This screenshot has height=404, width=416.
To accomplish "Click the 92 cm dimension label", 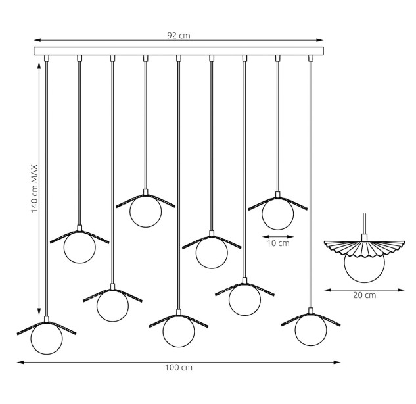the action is click(179, 36).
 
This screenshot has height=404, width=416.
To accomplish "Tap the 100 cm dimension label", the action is click(179, 368).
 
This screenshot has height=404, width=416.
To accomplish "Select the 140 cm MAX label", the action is click(34, 189).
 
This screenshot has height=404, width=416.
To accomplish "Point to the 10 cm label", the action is click(278, 243).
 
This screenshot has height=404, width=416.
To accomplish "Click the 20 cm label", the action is click(364, 295).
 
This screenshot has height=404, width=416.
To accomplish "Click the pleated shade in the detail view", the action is click(364, 248).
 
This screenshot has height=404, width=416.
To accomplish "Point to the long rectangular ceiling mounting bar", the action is click(179, 51).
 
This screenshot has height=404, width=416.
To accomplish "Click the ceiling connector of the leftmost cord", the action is click(47, 58).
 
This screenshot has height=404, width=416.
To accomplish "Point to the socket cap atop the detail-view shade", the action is click(364, 238).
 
